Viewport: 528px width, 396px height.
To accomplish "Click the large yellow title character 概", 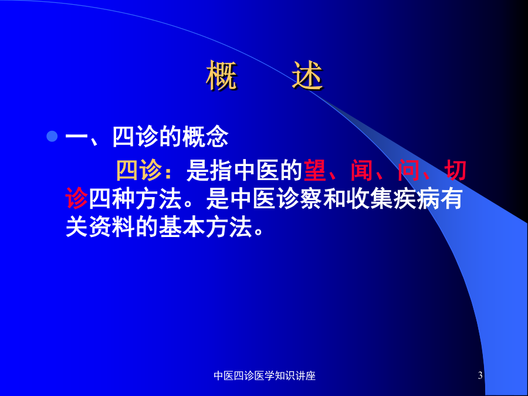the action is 221,76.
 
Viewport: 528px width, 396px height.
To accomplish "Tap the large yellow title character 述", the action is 307,76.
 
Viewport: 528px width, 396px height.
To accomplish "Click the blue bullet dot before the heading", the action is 52,136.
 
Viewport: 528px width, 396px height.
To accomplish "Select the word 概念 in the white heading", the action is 205,137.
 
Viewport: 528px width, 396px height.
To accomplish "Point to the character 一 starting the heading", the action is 76,137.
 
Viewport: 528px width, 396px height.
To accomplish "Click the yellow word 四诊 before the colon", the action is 139,171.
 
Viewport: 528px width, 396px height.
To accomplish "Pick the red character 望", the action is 315,171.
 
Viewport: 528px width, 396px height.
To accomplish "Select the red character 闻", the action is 361,171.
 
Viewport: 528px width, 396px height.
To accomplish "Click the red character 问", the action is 408,171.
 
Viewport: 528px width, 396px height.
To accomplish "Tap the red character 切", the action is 455,171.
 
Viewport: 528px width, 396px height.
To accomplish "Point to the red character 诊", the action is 76,199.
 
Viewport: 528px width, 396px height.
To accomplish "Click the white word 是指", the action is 209,171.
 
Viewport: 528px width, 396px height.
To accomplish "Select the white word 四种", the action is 111,199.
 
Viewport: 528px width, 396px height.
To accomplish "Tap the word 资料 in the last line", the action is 111,227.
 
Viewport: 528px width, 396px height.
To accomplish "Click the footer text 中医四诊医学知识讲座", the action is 265,376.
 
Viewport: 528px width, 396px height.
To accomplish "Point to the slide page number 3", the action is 480,375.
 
